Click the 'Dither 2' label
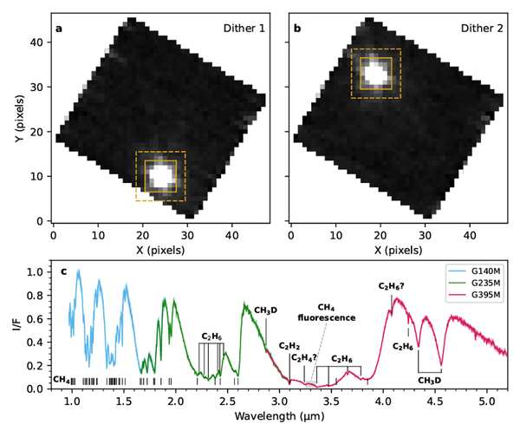tap(477, 29)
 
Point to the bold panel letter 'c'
tap(62, 272)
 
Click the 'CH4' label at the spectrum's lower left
tap(62, 380)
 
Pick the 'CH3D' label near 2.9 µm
tap(265, 310)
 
